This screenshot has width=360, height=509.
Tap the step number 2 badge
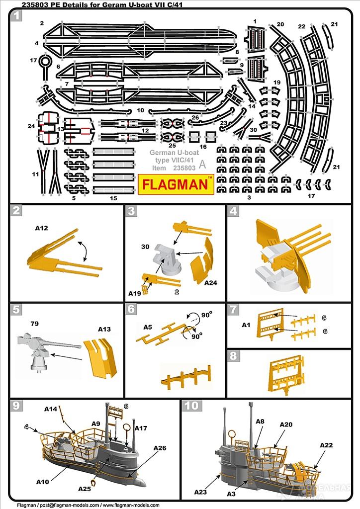[x=17, y=211]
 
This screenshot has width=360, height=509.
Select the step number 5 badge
[x=17, y=310]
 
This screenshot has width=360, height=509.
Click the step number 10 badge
[x=191, y=406]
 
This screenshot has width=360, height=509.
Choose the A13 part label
[x=104, y=329]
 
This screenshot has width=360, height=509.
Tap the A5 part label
[x=148, y=328]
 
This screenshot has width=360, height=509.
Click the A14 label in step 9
[x=51, y=409]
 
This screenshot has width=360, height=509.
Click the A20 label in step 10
[x=286, y=424]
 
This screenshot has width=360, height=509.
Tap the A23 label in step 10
[x=201, y=492]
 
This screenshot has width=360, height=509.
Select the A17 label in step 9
[x=141, y=428]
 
